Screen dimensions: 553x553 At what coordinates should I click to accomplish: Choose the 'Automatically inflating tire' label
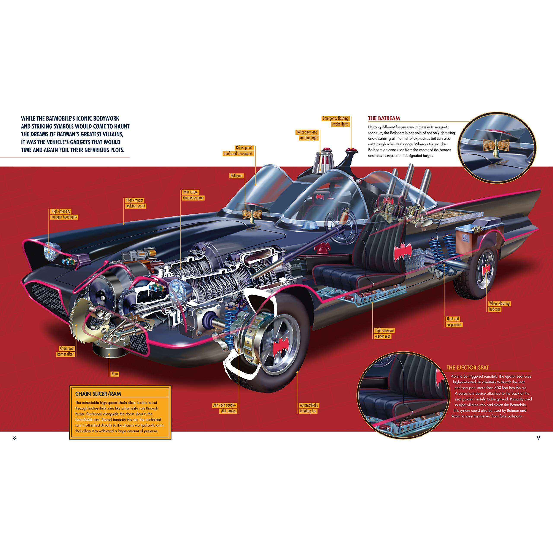point(309,408)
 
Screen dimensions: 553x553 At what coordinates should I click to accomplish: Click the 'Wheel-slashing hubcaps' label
point(499,306)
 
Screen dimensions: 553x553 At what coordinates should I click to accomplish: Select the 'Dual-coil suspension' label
point(454,322)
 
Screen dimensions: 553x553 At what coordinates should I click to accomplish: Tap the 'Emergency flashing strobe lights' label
point(336,121)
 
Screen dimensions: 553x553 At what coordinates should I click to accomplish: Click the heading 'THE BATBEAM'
point(384,118)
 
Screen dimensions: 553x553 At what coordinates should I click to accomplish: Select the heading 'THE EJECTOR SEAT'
point(467,367)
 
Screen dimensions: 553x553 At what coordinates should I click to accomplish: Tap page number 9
point(538,438)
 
